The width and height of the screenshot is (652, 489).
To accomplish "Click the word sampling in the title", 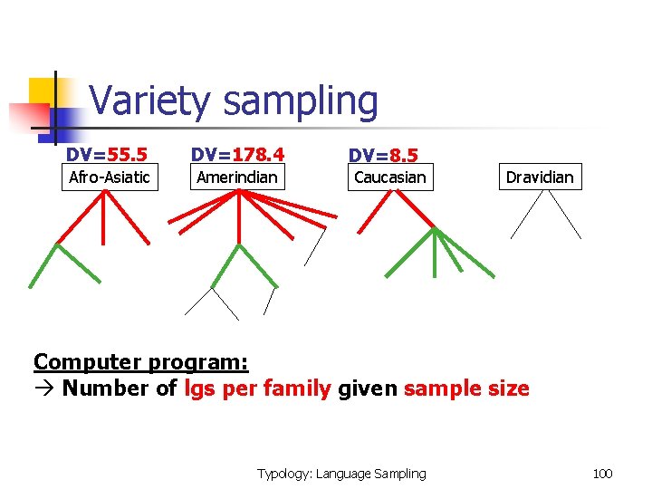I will (301, 101).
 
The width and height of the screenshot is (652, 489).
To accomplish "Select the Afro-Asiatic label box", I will (110, 177).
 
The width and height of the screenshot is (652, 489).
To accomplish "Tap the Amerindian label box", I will (237, 177).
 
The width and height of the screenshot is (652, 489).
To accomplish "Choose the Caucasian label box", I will (389, 177).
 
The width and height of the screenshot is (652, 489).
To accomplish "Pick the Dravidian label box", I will (540, 177).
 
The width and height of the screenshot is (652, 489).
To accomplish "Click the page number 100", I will (602, 473).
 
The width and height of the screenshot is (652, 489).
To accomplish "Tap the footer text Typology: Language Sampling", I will (341, 473).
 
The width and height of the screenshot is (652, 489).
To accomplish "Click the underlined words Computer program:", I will (140, 362).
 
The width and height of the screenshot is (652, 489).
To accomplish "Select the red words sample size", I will (466, 388).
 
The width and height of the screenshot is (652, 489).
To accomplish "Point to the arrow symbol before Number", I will (44, 388).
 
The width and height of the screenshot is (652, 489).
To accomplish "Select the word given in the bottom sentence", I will (367, 388).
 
